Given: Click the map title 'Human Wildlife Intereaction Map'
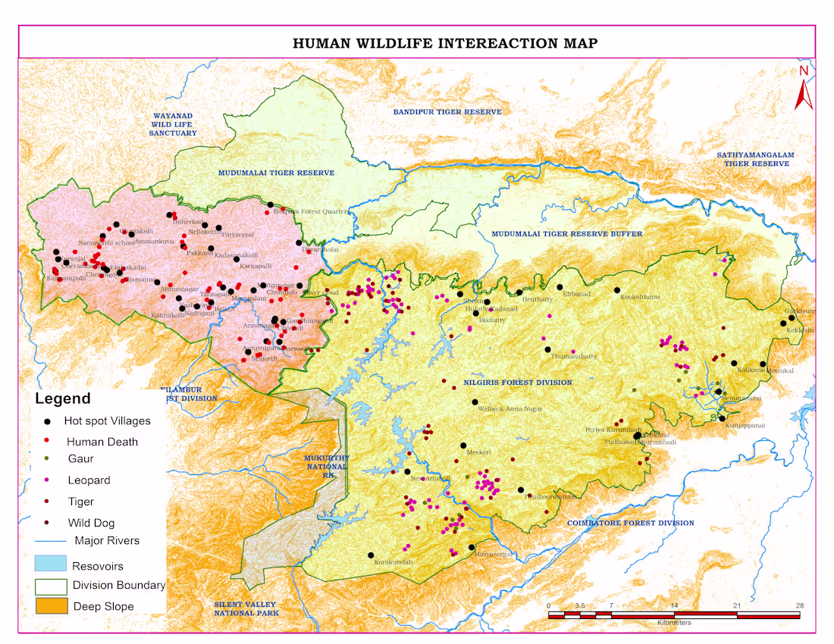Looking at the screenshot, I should pos(445,43).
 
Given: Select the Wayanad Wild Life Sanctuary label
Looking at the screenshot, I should pos(174,124).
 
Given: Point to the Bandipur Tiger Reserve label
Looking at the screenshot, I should pos(447,112).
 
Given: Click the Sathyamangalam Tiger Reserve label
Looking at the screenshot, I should pos(756,159).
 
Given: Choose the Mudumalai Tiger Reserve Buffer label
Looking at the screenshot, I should pos(566,234).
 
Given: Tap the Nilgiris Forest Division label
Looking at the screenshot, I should pos(518,383).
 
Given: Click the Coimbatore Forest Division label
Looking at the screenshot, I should pos(630,523).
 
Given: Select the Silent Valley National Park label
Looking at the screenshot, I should pos(246,608).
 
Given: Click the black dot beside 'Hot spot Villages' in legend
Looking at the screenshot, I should pos(48,421).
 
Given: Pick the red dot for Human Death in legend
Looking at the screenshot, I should pos(48,440).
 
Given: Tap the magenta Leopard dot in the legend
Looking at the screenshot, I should pos(48,480).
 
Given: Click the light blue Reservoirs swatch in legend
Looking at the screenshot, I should pos(50,564).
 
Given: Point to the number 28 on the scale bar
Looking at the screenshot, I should pos(799,606).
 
